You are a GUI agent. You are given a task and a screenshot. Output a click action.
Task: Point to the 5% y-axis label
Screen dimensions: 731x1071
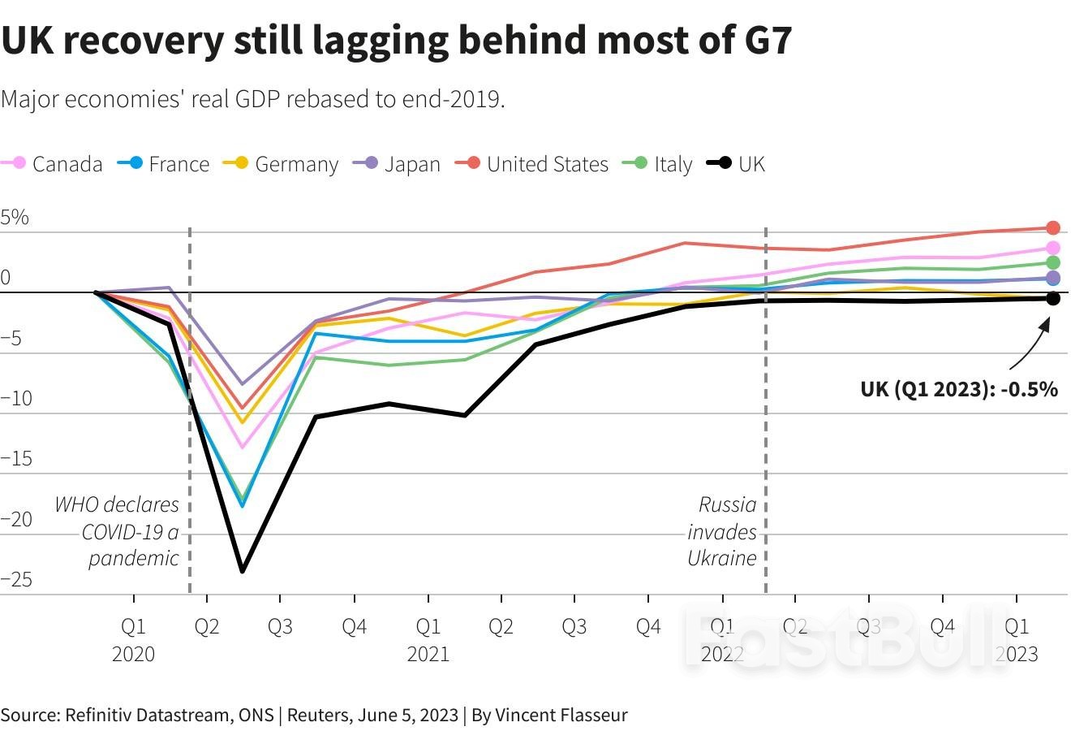pos(15,218)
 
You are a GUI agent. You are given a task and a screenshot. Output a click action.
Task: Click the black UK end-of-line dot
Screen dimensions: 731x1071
pos(1053,299)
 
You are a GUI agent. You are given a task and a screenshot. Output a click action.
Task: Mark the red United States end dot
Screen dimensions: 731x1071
pos(1053,228)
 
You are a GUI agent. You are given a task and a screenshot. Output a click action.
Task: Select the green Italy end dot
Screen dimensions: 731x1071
pos(1053,262)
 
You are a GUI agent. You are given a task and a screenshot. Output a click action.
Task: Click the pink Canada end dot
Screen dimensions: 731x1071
pos(1053,248)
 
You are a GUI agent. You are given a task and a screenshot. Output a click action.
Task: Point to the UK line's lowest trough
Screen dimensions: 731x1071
pos(242,571)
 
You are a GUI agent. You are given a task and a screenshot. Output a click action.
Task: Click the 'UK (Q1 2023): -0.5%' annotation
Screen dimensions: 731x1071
pos(959,390)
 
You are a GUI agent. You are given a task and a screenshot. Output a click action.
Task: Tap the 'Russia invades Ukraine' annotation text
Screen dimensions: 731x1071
pos(723,531)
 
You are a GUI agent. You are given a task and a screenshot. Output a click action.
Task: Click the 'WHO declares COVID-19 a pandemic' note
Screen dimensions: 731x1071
pos(118,531)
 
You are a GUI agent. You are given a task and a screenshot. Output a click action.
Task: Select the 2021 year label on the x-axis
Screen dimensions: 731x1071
pos(428,654)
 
